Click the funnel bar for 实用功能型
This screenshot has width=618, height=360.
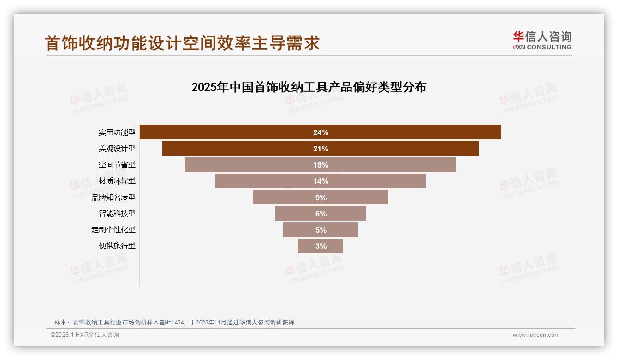(x=231, y=132)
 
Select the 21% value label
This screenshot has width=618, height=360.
(x=321, y=149)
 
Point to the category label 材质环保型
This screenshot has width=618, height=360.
(x=117, y=181)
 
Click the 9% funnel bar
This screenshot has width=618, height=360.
(x=286, y=197)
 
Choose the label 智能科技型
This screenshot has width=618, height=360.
(x=117, y=213)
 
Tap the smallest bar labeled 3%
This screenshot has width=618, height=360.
(x=309, y=246)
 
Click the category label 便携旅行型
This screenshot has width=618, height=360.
(x=117, y=246)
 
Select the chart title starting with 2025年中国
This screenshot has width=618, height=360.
(x=309, y=87)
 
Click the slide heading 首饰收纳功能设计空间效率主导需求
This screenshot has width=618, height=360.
(x=182, y=43)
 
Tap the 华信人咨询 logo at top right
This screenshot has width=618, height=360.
(x=542, y=40)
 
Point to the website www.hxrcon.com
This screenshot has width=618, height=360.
(x=536, y=335)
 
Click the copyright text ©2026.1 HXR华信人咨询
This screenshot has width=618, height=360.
(x=85, y=335)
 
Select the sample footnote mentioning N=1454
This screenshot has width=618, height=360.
(x=174, y=322)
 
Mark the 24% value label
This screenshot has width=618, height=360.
(x=321, y=132)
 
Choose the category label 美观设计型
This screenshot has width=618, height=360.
(x=117, y=149)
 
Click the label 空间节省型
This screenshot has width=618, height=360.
(x=117, y=165)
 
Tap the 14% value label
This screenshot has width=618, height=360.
(x=321, y=181)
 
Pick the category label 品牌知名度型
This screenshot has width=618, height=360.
(x=113, y=197)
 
